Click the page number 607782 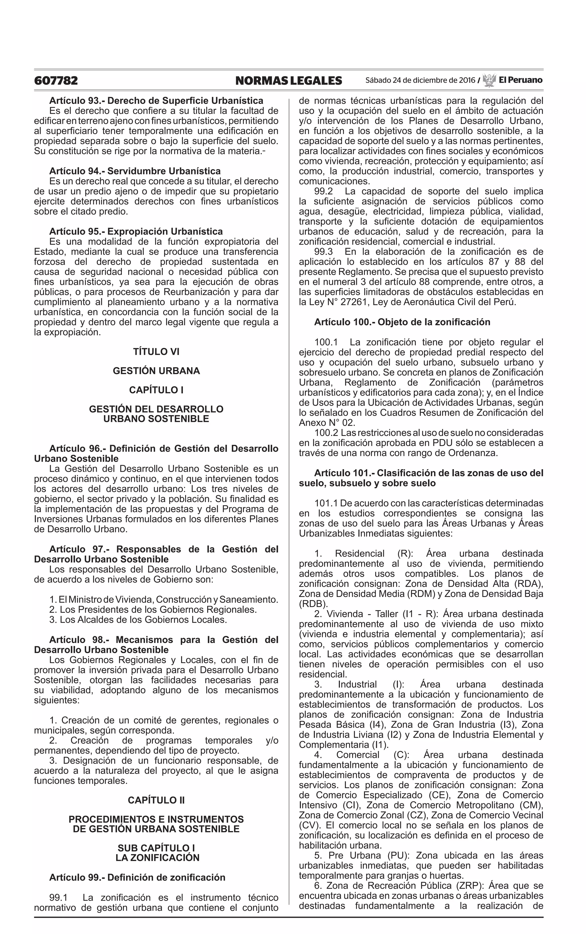[x=56, y=81]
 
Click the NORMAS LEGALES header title [x=288, y=81]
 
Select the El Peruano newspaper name [x=520, y=80]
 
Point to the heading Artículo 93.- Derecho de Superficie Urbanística [x=156, y=101]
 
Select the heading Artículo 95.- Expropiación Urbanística [x=136, y=232]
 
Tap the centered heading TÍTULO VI [x=156, y=352]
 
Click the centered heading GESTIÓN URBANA [x=156, y=371]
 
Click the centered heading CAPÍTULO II [x=156, y=800]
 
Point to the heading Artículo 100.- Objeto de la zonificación [x=402, y=322]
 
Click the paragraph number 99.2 [x=323, y=191]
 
